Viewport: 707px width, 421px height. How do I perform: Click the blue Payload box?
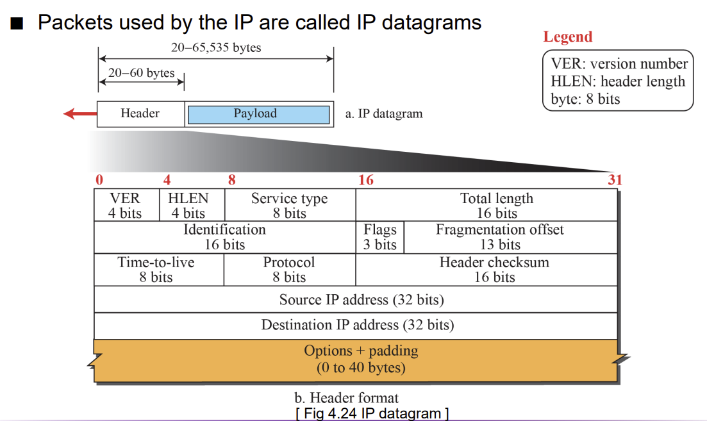(x=258, y=115)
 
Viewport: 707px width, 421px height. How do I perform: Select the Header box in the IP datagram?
(x=140, y=114)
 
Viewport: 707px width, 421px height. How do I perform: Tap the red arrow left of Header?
(x=80, y=113)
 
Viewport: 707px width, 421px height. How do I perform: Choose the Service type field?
(x=290, y=205)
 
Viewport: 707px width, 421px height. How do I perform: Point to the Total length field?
(x=487, y=205)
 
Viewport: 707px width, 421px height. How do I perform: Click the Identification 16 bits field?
(x=225, y=237)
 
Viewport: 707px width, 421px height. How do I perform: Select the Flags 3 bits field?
(x=379, y=237)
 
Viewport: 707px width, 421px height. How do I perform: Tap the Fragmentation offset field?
(x=510, y=237)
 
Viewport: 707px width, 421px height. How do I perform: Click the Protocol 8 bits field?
(x=290, y=270)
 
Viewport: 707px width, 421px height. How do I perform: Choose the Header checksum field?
(x=487, y=270)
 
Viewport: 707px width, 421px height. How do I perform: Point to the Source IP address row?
(x=356, y=299)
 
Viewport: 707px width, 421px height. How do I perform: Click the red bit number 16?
(x=365, y=180)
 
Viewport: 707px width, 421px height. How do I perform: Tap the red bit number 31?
(x=615, y=180)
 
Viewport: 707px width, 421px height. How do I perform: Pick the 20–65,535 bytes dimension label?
(x=216, y=47)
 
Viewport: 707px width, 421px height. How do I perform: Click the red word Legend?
(x=568, y=37)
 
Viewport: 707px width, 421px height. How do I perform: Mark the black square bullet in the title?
(x=17, y=24)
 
